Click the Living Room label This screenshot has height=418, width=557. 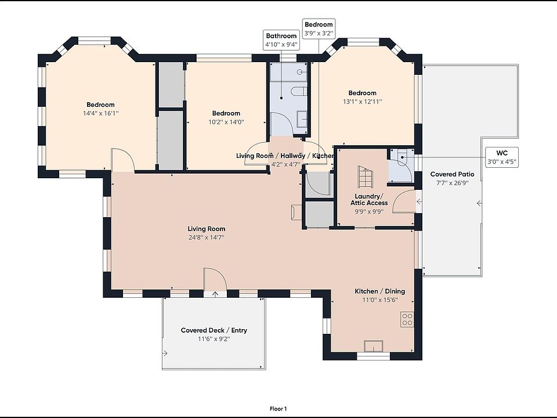[207, 229]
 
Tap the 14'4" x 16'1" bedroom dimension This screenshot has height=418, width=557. [101, 113]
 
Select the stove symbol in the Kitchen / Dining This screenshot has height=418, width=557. [407, 319]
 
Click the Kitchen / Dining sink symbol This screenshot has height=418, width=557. [374, 346]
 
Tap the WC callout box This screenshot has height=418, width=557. [501, 157]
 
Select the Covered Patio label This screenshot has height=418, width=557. [452, 174]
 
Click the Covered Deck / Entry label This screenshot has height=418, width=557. [214, 330]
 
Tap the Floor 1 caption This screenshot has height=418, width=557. [278, 409]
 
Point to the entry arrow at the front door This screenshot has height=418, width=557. [215, 294]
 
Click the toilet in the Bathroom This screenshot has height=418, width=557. [299, 92]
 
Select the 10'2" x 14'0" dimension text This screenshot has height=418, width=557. [226, 122]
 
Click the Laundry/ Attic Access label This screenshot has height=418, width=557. [369, 199]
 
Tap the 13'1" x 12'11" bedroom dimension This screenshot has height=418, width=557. [362, 102]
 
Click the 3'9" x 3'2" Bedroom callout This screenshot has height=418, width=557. [319, 29]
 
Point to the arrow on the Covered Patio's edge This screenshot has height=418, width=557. [479, 203]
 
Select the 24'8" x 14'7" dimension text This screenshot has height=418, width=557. [207, 237]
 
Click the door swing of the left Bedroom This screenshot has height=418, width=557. [123, 160]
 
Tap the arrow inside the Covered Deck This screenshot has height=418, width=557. [165, 354]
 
